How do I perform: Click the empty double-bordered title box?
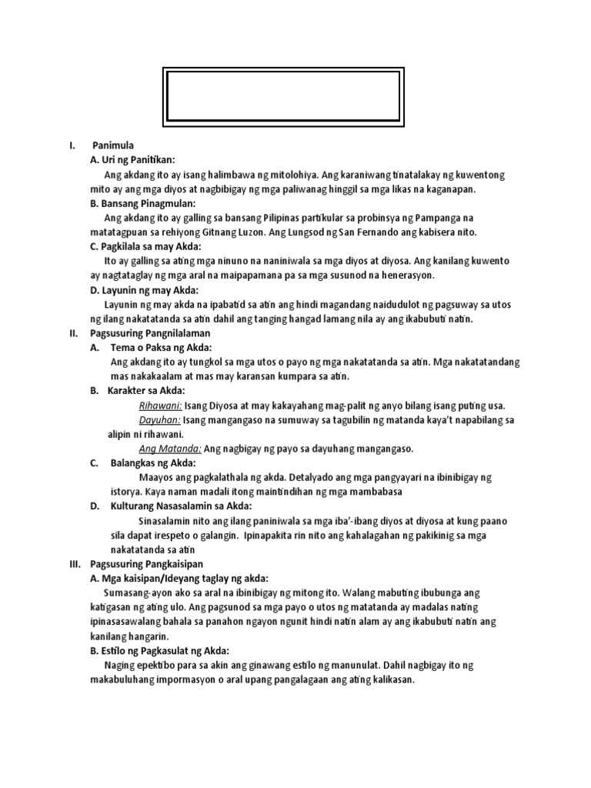pyautogui.click(x=284, y=96)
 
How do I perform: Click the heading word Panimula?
pyautogui.click(x=113, y=145)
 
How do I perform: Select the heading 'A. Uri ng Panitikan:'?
pyautogui.click(x=133, y=160)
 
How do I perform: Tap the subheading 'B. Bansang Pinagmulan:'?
pyautogui.click(x=143, y=204)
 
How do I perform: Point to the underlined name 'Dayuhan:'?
pyautogui.click(x=159, y=420)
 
